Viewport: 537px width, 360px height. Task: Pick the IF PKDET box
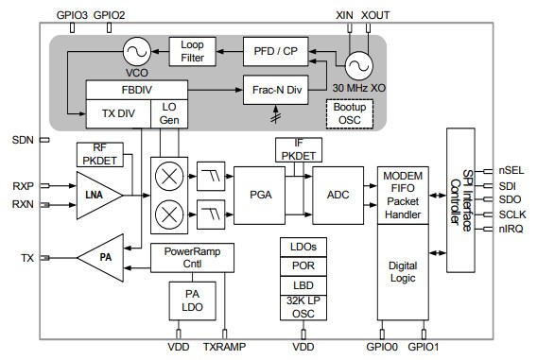tap(298, 147)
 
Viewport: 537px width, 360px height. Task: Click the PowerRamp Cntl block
tap(192, 257)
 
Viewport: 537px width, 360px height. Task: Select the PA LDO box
tap(192, 300)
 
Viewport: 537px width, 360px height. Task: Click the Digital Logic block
tap(404, 271)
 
